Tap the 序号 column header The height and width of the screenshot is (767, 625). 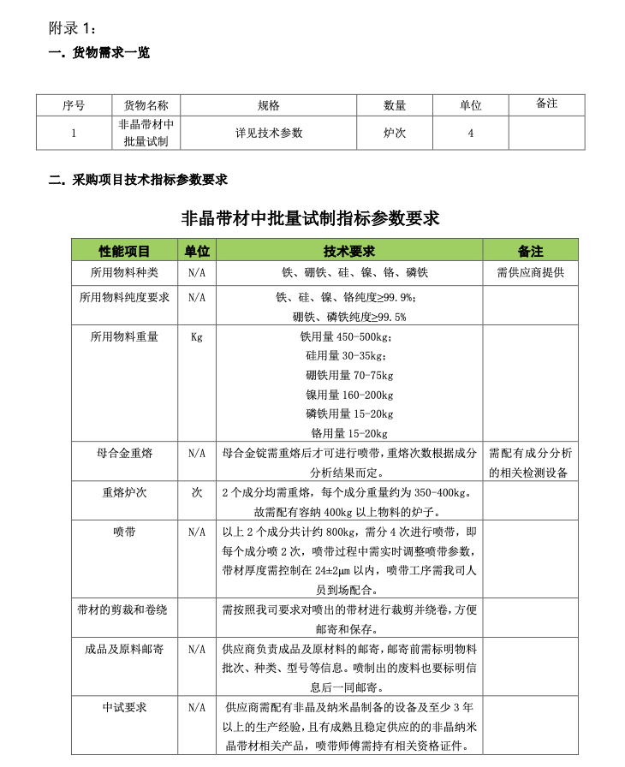[x=74, y=105]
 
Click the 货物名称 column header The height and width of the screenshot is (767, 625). [x=146, y=105]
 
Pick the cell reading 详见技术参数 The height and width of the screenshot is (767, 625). [x=270, y=134]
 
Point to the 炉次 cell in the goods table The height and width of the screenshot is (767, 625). [x=394, y=134]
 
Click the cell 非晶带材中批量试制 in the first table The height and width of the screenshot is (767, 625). [x=146, y=134]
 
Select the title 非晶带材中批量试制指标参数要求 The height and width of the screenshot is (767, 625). [x=312, y=217]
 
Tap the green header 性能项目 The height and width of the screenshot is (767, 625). [x=124, y=251]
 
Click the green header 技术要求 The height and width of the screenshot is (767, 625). [x=348, y=251]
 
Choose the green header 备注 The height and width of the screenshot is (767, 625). [x=530, y=251]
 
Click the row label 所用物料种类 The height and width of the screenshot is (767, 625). [x=124, y=273]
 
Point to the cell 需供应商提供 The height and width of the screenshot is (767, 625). [x=530, y=273]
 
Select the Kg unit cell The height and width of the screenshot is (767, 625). [x=197, y=337]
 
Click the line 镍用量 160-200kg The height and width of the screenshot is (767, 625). [x=349, y=395]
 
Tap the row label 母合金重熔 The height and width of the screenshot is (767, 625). [x=124, y=453]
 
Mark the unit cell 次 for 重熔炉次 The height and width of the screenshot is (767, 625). [x=197, y=493]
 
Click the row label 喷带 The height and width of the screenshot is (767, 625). [x=124, y=532]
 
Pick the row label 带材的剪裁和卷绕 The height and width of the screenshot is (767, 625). [x=124, y=610]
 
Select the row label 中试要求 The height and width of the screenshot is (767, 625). [x=124, y=708]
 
